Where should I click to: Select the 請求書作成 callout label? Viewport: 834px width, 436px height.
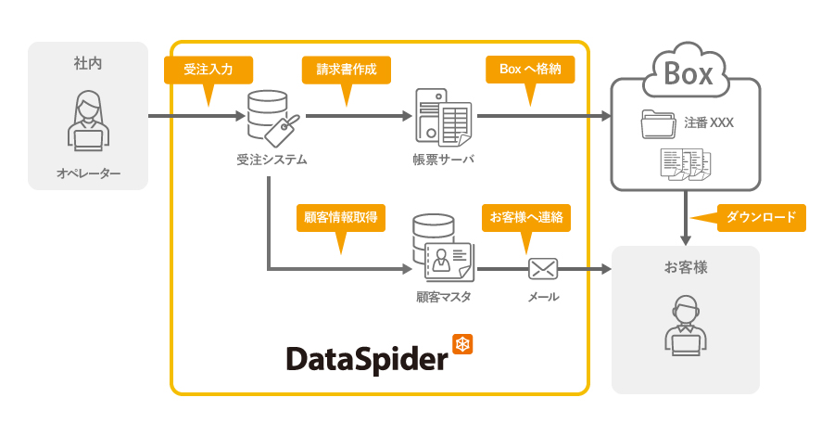[x=346, y=70]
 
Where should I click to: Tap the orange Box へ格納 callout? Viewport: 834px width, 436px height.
[x=529, y=70]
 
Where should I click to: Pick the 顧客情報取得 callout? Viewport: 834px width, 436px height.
[x=339, y=217]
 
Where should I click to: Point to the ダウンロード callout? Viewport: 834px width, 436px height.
[x=761, y=218]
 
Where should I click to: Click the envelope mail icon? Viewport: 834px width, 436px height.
[x=542, y=269]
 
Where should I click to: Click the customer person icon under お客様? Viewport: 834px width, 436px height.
[x=685, y=327]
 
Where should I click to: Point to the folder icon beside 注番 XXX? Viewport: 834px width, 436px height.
[x=660, y=124]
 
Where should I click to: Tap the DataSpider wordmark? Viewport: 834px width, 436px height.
[x=366, y=358]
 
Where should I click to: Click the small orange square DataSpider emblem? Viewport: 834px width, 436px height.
[x=462, y=344]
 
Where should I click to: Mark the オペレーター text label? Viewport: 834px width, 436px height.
[x=88, y=173]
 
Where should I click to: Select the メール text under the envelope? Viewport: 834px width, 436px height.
[x=543, y=298]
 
